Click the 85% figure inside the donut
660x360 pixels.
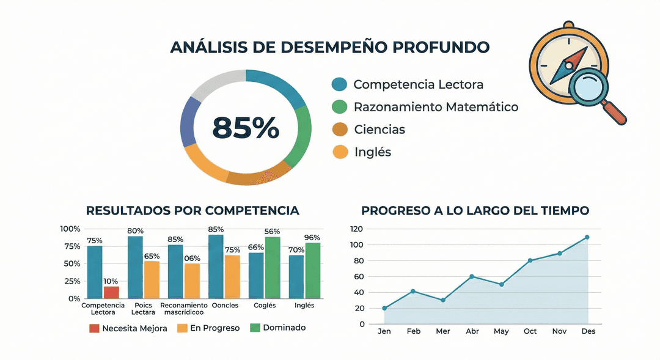coord(246,127)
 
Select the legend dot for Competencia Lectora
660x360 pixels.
coord(339,84)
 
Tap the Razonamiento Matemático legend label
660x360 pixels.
coord(436,107)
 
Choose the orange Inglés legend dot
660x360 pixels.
coord(340,152)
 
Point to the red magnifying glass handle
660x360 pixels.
coord(615,113)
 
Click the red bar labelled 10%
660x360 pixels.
coord(111,292)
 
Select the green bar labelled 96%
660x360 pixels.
coord(313,270)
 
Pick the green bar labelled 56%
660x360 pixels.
coord(273,267)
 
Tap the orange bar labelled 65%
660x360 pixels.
coord(152,279)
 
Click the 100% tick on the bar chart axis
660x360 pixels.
coord(70,229)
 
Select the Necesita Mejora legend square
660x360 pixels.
coord(94,328)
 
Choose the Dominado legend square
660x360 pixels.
coord(255,328)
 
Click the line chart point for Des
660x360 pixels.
coord(587,237)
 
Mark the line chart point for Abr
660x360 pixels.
coord(472,276)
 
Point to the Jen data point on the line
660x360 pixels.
coord(384,308)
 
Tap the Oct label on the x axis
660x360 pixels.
coord(530,331)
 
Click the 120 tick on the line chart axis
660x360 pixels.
coord(356,229)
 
